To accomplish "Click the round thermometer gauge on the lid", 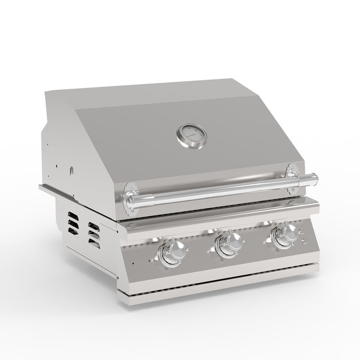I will (191, 135).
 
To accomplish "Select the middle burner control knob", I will (229, 244).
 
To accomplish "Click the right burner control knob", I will (281, 238).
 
